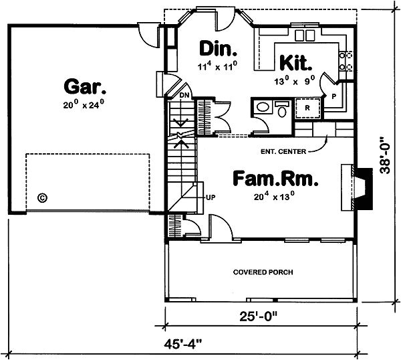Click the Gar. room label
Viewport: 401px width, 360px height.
86,86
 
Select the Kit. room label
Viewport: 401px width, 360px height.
295,64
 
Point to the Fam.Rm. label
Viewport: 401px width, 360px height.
275,179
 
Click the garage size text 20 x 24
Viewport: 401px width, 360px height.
86,105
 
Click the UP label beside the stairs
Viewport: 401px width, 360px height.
211,197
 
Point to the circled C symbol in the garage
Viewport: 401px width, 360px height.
42,197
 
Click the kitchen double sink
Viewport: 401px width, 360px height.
305,34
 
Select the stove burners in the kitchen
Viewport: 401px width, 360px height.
347,62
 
